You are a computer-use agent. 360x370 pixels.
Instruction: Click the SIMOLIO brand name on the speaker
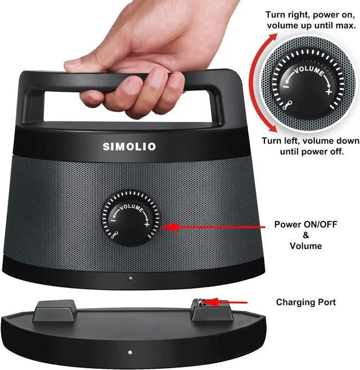[129, 147]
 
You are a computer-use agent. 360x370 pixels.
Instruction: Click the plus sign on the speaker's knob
[147, 225]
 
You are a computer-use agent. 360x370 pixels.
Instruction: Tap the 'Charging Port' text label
[305, 303]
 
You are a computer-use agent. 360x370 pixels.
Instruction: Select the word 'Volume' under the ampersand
[305, 246]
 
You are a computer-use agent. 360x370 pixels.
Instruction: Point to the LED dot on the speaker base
[130, 278]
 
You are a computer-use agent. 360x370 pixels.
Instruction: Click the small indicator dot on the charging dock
[130, 353]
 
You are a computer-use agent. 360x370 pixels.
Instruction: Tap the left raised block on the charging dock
[56, 311]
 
